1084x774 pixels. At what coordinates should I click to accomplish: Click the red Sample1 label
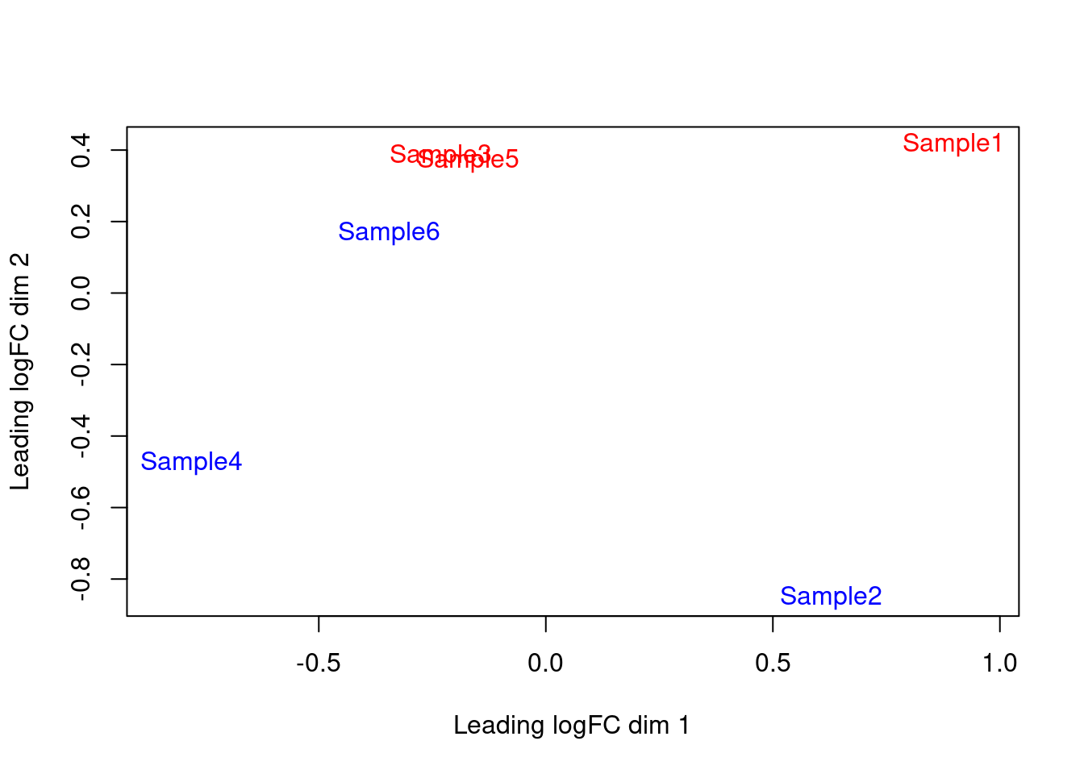coord(952,144)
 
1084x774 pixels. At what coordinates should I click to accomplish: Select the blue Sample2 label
coord(830,597)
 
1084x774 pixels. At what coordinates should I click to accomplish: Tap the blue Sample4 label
coord(190,462)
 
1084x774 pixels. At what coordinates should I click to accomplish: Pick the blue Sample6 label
coord(388,232)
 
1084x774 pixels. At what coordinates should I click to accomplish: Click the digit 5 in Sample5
coord(511,160)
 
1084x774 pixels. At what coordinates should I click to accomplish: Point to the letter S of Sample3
coord(397,154)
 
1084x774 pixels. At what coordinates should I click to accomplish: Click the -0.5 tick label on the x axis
coord(318,664)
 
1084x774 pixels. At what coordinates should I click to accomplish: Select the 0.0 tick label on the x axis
coord(545,664)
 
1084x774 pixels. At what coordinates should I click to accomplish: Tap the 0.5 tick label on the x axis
coord(773,664)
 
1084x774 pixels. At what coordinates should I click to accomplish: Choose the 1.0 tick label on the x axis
coord(999,664)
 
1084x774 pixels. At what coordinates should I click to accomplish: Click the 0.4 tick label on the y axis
coord(81,151)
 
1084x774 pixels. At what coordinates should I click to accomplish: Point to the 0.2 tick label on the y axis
coord(81,222)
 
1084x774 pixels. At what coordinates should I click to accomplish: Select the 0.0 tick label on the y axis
coord(81,293)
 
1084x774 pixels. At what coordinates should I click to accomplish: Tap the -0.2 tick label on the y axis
coord(81,364)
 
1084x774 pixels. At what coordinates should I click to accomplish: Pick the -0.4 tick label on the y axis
coord(81,436)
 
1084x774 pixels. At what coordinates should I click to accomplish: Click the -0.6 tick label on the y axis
coord(81,507)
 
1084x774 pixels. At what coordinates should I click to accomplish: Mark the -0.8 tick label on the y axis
coord(81,579)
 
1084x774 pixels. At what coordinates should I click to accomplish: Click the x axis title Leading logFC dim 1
coord(571,726)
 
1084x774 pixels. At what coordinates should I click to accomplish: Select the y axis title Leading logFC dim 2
coord(20,372)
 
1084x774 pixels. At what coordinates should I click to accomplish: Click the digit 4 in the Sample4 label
coord(235,462)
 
